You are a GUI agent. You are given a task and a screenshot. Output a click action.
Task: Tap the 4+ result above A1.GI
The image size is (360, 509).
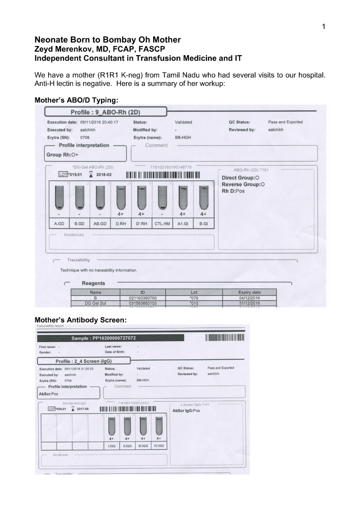[x=183, y=215]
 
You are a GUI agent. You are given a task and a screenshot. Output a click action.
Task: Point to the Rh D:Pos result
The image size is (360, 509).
[x=240, y=191]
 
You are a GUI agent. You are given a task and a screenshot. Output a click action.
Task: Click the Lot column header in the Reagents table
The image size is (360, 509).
[x=193, y=292]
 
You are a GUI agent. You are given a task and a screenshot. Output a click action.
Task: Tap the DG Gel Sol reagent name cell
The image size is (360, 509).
[x=96, y=303]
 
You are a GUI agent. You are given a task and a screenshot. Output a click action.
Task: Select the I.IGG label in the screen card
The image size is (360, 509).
[x=112, y=446]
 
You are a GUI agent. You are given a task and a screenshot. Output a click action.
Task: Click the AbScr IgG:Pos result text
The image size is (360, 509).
[x=187, y=411]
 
